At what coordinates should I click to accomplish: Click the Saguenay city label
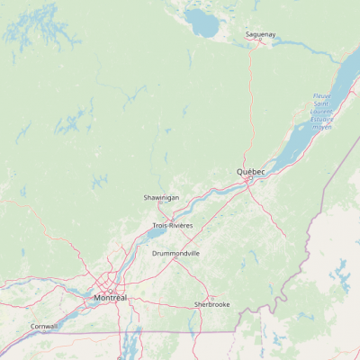pos(261,35)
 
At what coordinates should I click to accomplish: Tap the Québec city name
pos(251,171)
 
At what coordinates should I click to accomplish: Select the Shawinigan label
pos(161,197)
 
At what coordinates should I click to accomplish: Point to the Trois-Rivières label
pos(172,225)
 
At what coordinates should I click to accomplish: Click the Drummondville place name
pos(175,254)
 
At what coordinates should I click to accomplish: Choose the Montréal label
pos(111,297)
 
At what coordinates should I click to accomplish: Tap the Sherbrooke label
pos(212,304)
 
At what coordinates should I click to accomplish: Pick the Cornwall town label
pos(43,326)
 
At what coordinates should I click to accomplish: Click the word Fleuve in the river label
pos(322,96)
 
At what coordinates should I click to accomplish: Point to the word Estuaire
pos(322,118)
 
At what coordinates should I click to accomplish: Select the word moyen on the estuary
pos(322,127)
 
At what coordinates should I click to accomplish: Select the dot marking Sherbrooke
pos(212,298)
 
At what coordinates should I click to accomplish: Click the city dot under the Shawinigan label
pos(161,204)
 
